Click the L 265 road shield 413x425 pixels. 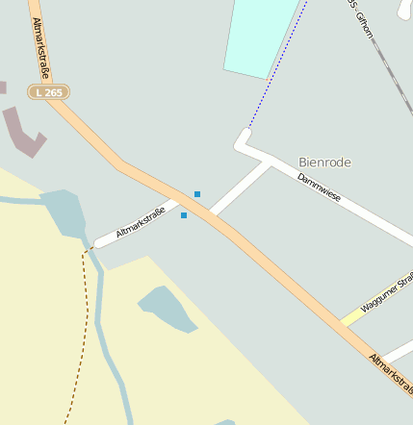[x=47, y=92]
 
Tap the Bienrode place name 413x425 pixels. [x=324, y=162]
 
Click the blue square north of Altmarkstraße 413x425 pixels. [x=197, y=194]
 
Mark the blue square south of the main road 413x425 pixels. [x=184, y=215]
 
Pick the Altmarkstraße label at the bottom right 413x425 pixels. [x=390, y=374]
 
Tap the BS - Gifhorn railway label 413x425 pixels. [x=358, y=19]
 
